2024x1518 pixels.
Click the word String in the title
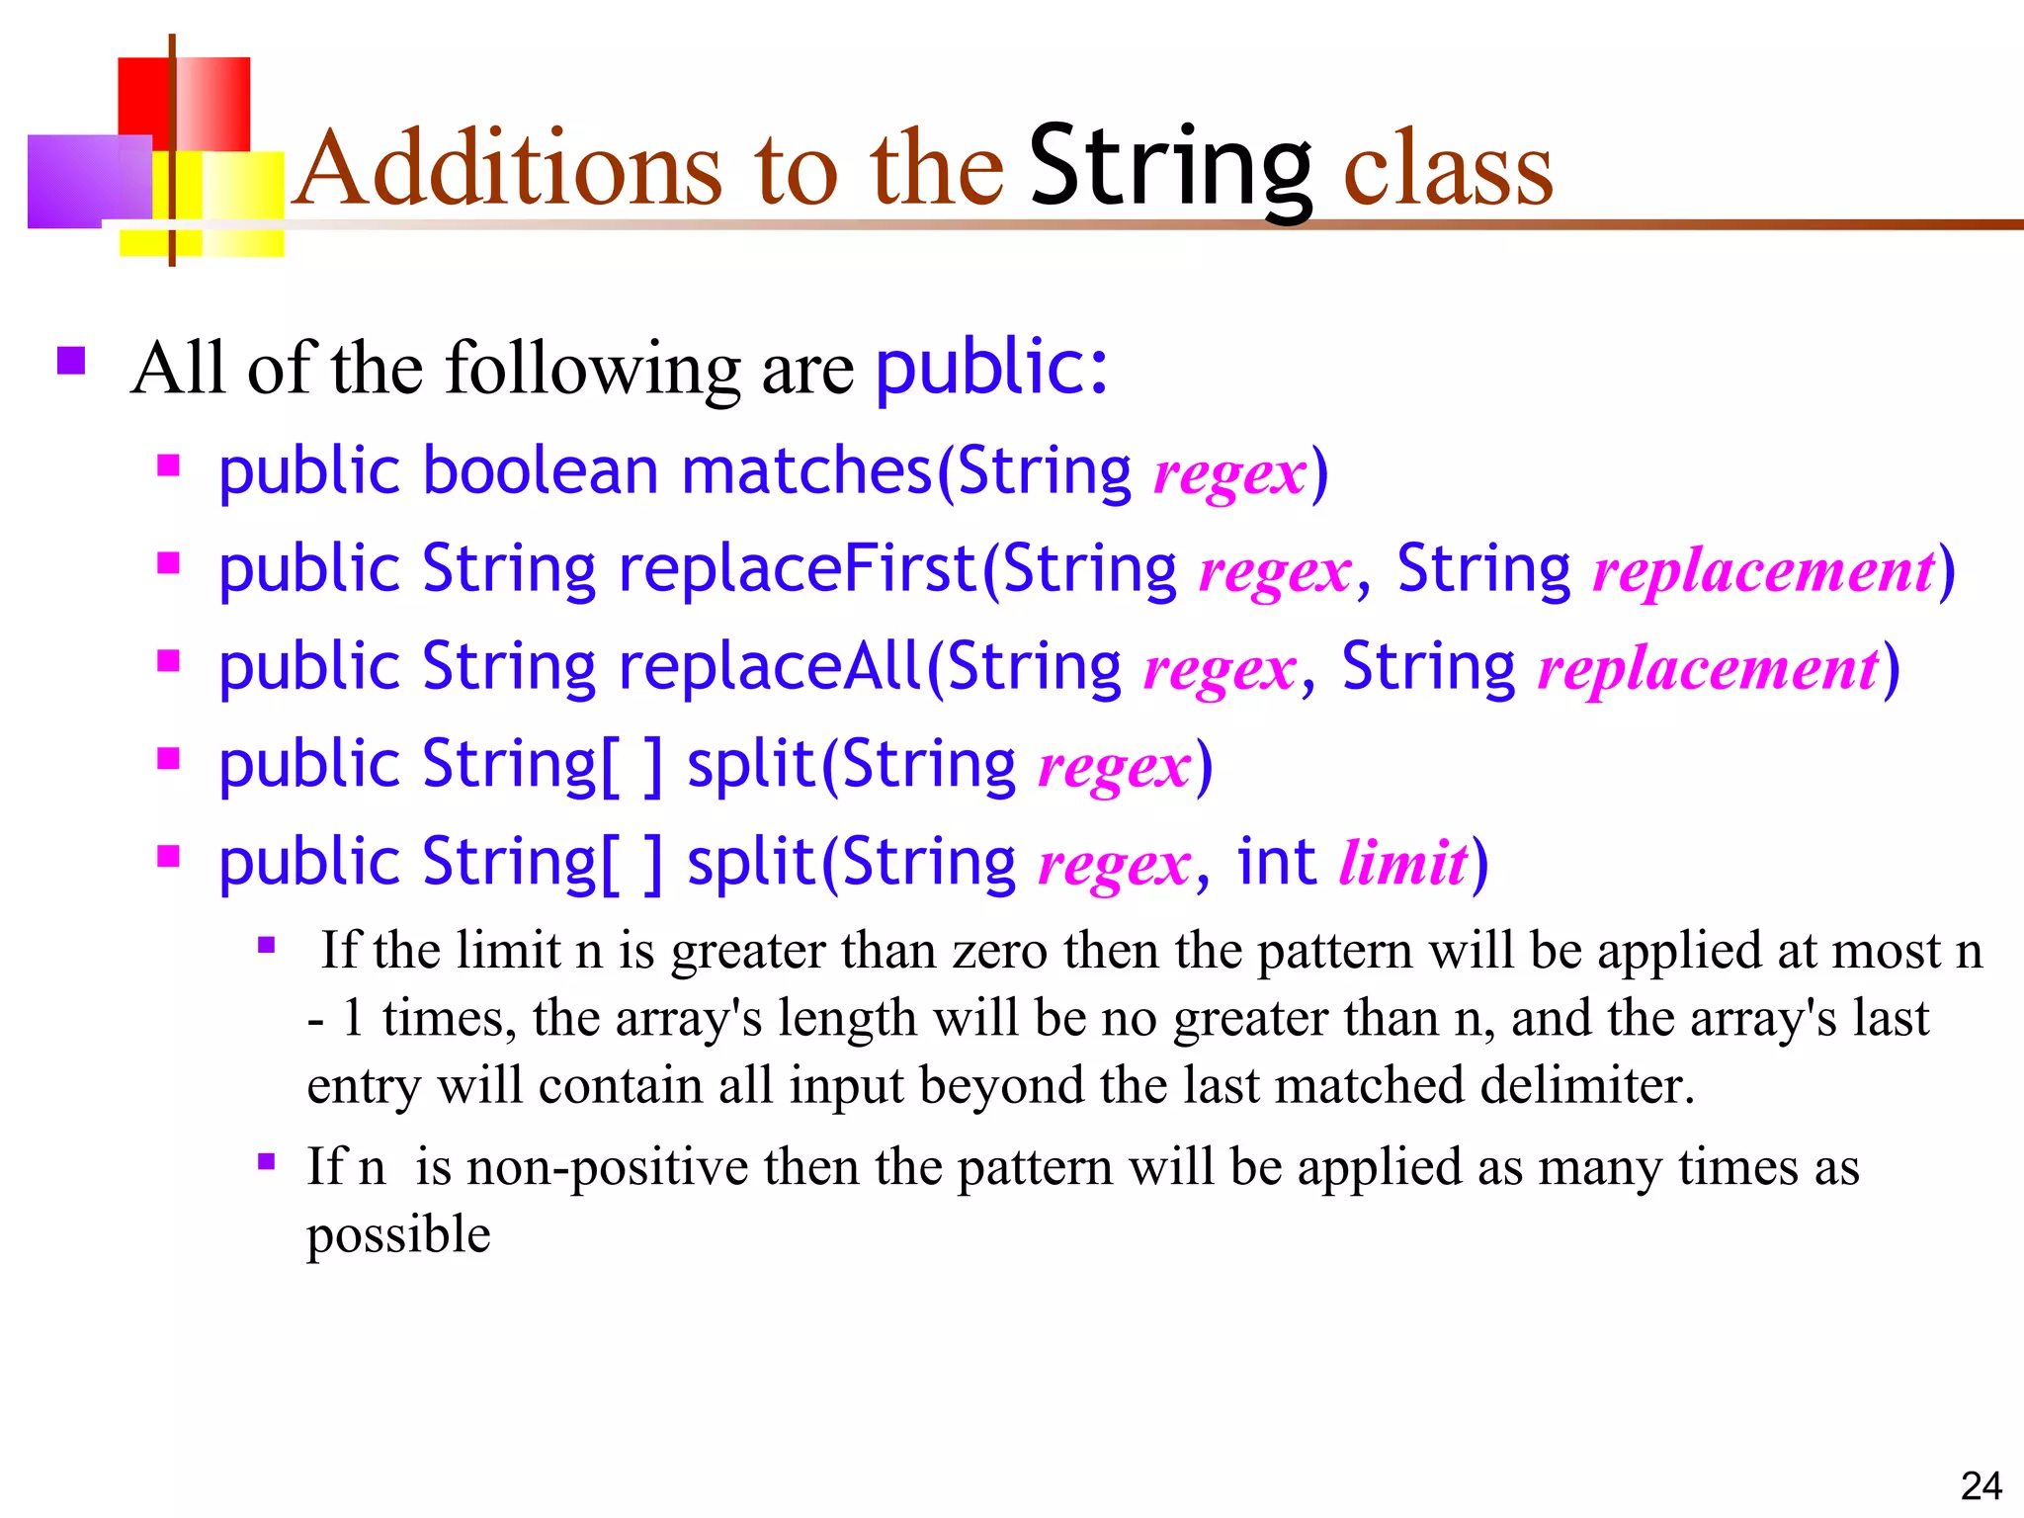(x=1171, y=168)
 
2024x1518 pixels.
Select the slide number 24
(x=1981, y=1485)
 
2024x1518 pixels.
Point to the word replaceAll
(x=770, y=666)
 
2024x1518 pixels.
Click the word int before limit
(x=1276, y=862)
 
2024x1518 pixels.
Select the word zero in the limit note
(x=999, y=951)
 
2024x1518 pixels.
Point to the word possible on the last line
(x=398, y=1235)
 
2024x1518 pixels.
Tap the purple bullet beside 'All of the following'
(x=71, y=361)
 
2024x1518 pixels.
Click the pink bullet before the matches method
(x=169, y=464)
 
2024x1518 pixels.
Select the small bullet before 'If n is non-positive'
(x=266, y=1161)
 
